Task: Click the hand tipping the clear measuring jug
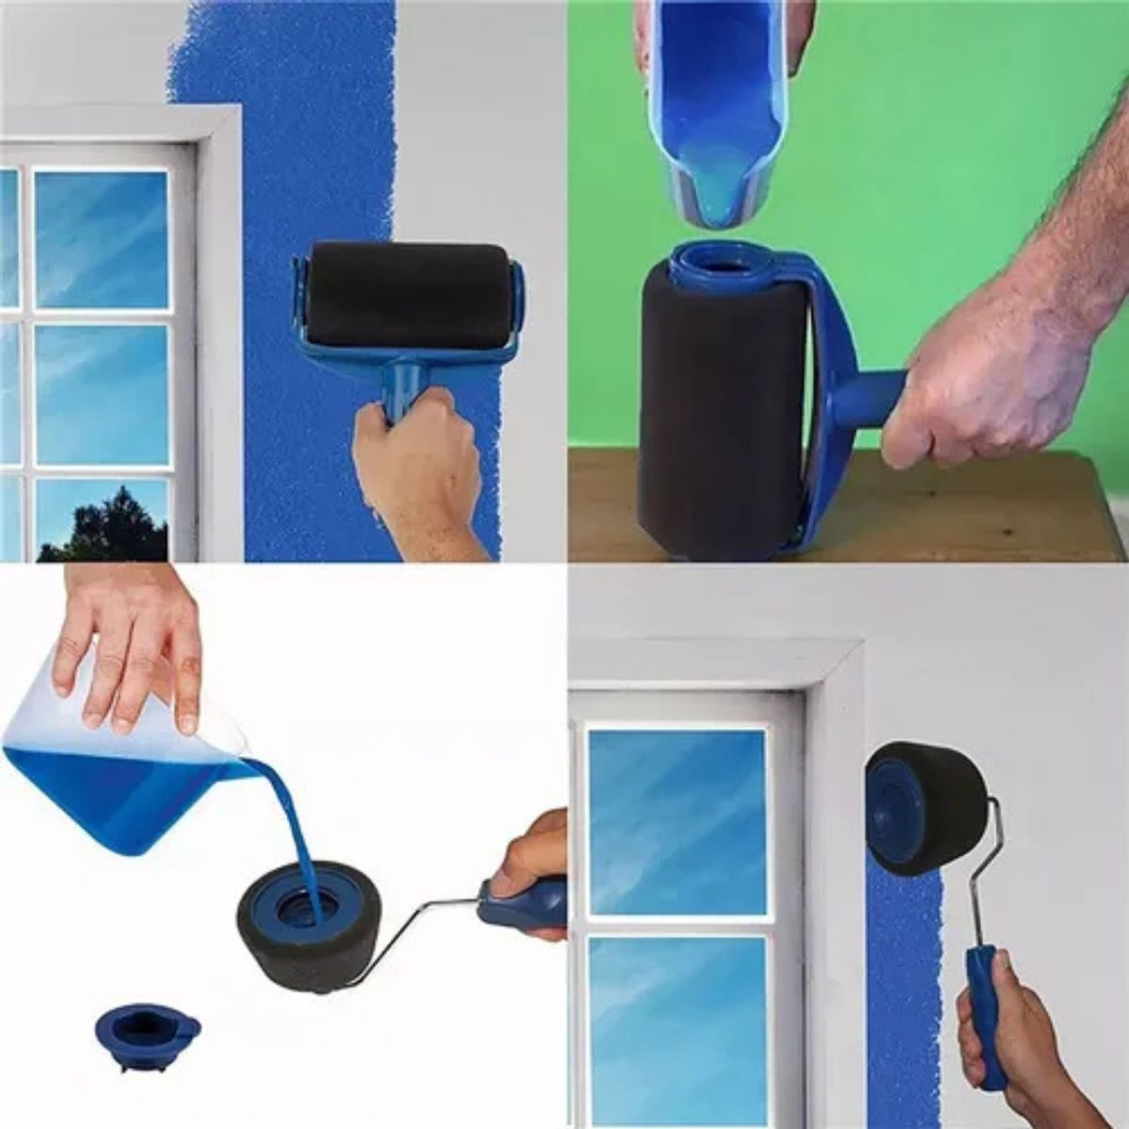(x=132, y=649)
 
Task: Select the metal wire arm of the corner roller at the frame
(x=988, y=875)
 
